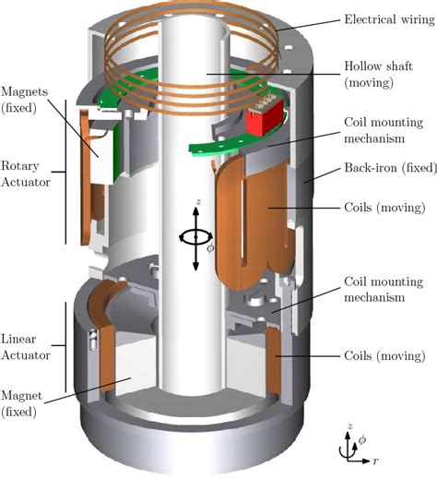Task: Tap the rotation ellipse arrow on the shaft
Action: point(196,236)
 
